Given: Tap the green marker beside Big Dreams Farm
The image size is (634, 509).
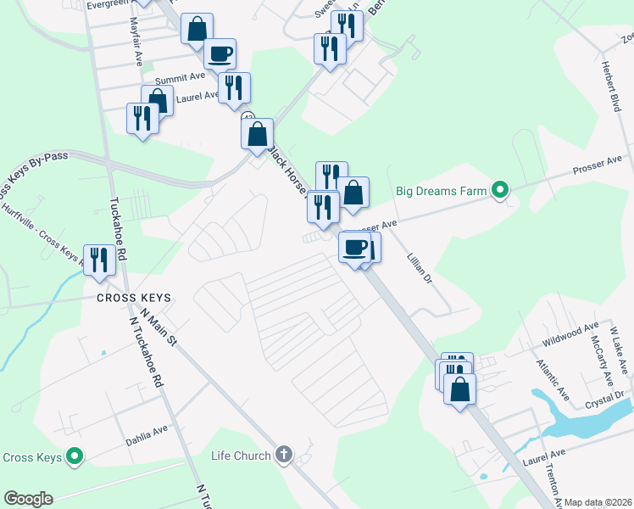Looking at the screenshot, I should click(x=500, y=190).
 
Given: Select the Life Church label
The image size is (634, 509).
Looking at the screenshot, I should click(x=241, y=456).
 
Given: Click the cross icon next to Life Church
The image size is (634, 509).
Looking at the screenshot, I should click(x=283, y=456).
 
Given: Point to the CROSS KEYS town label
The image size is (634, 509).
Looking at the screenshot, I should click(x=133, y=299).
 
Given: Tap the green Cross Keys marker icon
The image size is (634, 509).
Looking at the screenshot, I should click(x=75, y=457).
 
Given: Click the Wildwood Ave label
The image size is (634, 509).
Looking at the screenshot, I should click(x=570, y=335).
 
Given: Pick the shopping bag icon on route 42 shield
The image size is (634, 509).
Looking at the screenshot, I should click(x=257, y=133).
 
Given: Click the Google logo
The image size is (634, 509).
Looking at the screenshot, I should click(x=28, y=499).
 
